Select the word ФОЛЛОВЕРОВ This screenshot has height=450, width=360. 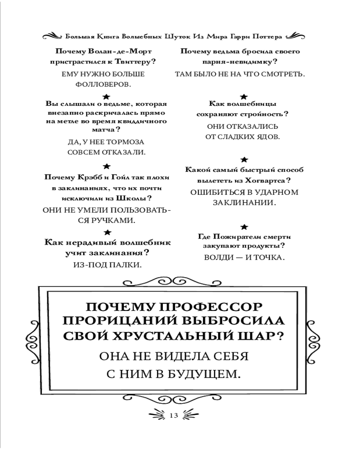point(105,84)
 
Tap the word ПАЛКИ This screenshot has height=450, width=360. point(126,264)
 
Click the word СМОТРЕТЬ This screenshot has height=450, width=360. point(281,73)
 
